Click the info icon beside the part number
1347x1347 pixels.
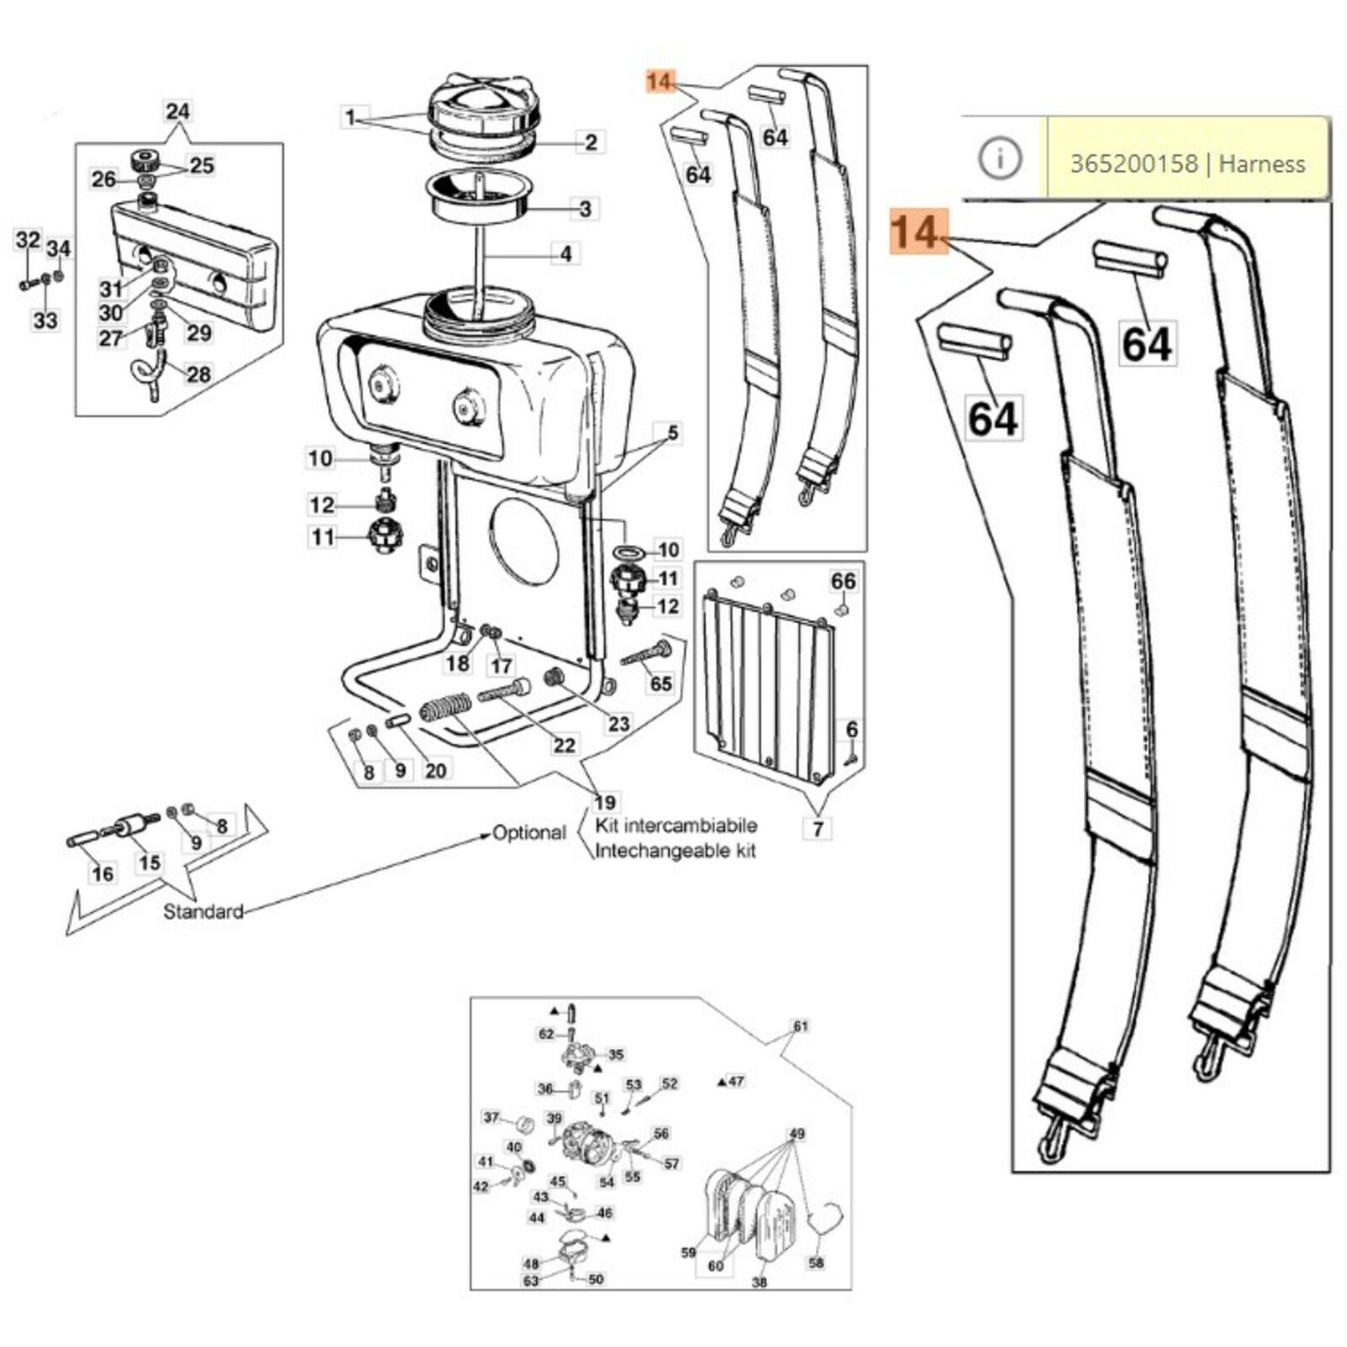[x=1000, y=158]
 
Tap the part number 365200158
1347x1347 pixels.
[x=1133, y=163]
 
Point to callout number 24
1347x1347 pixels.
[x=178, y=111]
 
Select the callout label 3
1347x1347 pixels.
[x=586, y=208]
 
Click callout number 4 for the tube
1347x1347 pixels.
[x=566, y=253]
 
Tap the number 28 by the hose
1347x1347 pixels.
[x=199, y=374]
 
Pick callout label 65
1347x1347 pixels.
[x=661, y=684]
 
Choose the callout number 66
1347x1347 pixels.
[x=843, y=581]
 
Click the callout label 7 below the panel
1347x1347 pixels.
[x=817, y=829]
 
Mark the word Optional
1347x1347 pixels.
[x=529, y=833]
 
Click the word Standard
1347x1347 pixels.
[x=203, y=911]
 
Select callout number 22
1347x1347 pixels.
[x=564, y=745]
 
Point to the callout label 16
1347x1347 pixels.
[x=103, y=874]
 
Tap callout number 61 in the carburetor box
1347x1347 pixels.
[x=800, y=1026]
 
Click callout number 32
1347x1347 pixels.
[x=28, y=241]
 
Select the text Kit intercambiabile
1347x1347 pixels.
[x=675, y=825]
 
